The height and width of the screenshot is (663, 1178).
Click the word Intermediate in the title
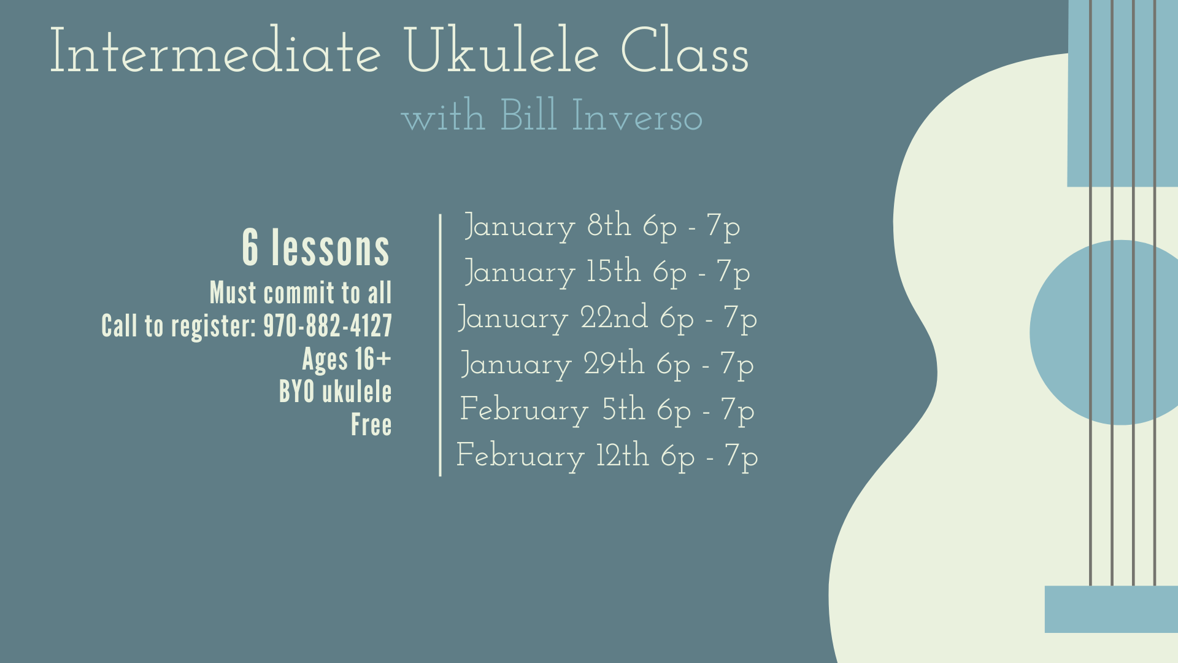click(x=215, y=52)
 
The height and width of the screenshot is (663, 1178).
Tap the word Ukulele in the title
click(x=501, y=52)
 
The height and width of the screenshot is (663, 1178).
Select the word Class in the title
click(x=685, y=52)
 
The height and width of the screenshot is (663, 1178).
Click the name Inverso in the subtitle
click(x=637, y=117)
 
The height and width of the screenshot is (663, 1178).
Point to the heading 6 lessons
click(x=316, y=248)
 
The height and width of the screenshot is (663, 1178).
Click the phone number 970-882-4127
click(x=327, y=326)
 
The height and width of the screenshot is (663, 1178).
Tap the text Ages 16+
click(x=347, y=360)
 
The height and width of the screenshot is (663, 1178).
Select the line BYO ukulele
click(x=335, y=392)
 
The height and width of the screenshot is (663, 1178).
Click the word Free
click(x=371, y=425)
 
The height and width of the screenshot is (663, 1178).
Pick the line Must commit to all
click(x=301, y=293)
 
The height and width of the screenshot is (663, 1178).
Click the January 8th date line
click(x=602, y=227)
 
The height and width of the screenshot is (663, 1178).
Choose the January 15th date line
click(x=607, y=273)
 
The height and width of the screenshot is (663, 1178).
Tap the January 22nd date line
click(x=607, y=319)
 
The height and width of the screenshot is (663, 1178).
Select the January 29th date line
click(x=607, y=365)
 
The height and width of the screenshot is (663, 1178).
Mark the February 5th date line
click(x=607, y=411)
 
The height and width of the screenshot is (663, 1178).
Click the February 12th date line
click(x=607, y=457)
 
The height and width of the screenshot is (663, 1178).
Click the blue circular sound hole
click(x=1068, y=333)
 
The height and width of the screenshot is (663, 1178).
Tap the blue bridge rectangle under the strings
click(x=1111, y=609)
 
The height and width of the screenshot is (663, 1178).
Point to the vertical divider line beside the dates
click(x=440, y=345)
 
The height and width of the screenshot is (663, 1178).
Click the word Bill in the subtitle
click(x=528, y=115)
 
